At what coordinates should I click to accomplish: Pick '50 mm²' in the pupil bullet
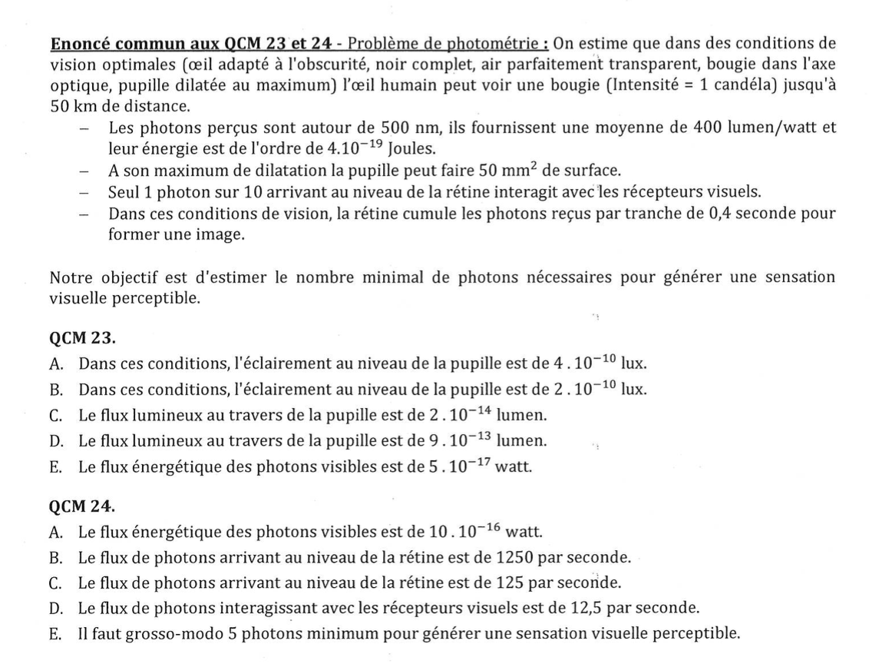pyautogui.click(x=503, y=170)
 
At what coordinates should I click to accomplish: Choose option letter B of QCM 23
pyautogui.click(x=55, y=389)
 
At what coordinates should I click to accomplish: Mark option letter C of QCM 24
pyautogui.click(x=55, y=582)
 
